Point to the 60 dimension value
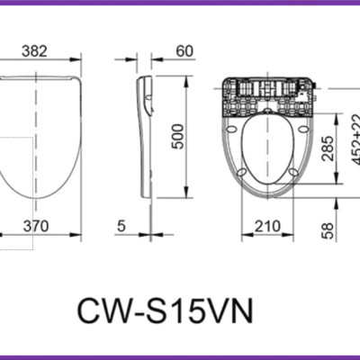(185, 52)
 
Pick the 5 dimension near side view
(121, 227)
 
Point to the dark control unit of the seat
(266, 94)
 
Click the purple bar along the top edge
(180, 3)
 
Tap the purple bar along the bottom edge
(180, 356)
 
